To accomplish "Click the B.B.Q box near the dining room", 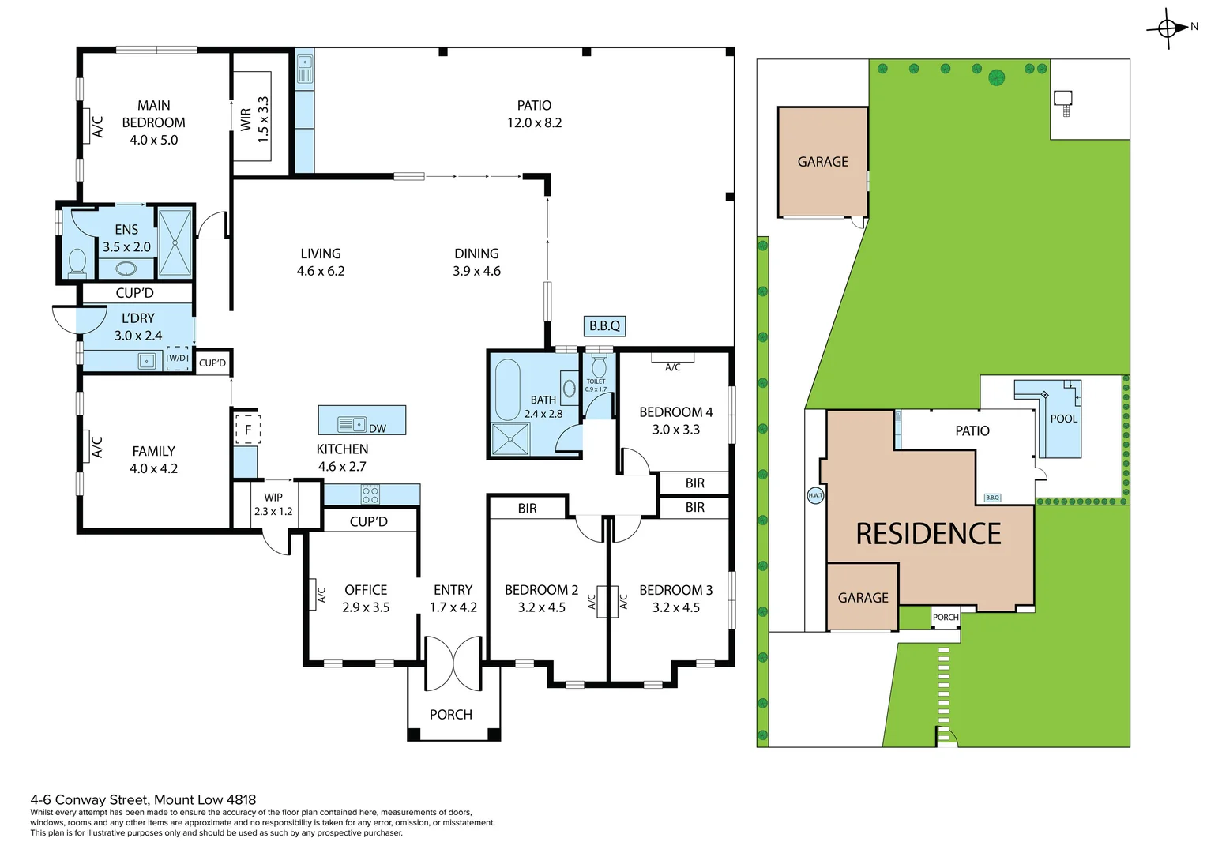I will point(605,325).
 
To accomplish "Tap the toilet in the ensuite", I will point(77,261).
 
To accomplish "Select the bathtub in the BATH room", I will point(506,390).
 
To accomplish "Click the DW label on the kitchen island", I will point(378,428).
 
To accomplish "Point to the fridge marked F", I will point(247,430).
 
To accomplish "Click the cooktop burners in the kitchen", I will point(370,495).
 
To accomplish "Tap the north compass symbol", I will point(1169,28).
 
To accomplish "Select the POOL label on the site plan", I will point(1063,419).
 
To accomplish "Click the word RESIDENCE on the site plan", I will point(928,534).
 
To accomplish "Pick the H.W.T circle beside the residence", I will point(815,495).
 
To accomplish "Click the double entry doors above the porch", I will point(453,662).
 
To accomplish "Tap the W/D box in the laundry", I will point(177,359).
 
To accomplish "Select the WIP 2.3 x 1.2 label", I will point(273,504).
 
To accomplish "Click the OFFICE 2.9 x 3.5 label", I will point(366,598).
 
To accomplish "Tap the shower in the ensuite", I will point(175,242).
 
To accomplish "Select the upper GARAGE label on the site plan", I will point(822,162).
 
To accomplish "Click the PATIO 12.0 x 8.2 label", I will point(534,114).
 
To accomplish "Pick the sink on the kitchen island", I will point(352,424).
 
